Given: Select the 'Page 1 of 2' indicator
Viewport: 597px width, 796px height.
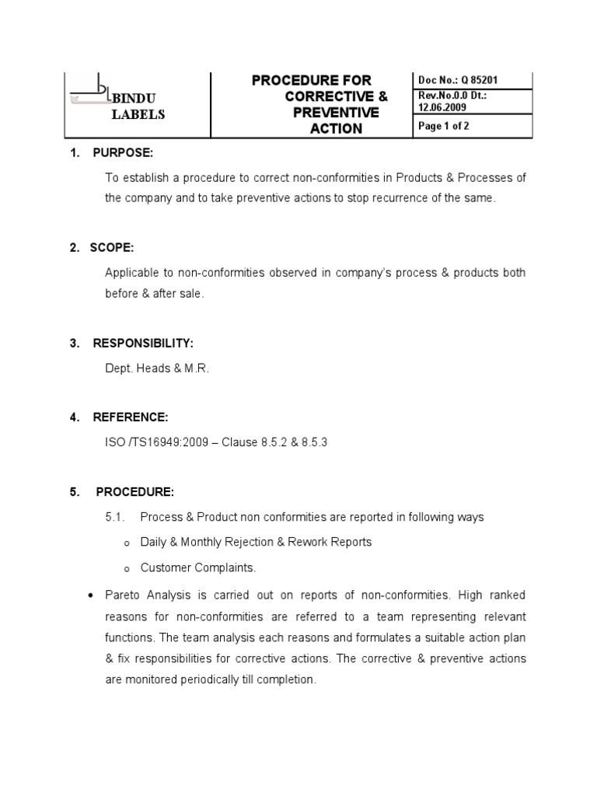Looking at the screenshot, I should click(444, 127).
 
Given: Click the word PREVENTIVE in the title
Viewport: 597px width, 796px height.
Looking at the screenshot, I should click(336, 113).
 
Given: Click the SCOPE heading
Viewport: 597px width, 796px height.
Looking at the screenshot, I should click(112, 247).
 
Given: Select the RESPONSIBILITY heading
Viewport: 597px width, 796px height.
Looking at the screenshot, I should click(143, 343).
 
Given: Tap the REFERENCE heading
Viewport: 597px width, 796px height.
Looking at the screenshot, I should click(130, 417).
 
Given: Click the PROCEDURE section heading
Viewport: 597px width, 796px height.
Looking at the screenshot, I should click(135, 492).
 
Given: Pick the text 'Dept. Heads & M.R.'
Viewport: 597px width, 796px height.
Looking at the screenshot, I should click(157, 368).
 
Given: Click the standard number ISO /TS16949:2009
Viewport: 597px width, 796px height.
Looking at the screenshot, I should click(158, 442).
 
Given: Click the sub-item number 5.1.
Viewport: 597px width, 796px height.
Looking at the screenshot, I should click(114, 517).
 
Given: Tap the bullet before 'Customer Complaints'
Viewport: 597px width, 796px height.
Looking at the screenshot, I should click(115, 569).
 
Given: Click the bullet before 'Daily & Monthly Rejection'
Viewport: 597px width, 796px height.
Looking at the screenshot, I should click(115, 543).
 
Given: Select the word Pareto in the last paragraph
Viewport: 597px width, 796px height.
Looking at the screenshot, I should click(123, 595).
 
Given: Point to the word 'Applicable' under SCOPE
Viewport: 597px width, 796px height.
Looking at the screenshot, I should click(131, 273).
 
